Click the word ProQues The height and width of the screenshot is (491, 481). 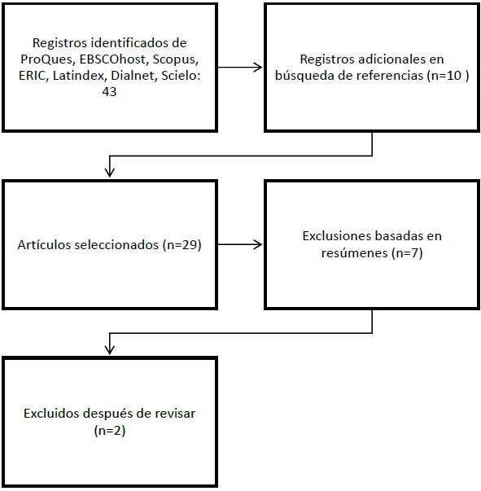click(x=47, y=59)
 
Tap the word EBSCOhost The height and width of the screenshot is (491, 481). click(x=113, y=59)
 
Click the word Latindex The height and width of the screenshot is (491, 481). click(x=79, y=76)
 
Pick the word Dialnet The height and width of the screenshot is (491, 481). click(x=133, y=76)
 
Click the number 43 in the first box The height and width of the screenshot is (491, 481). click(x=110, y=92)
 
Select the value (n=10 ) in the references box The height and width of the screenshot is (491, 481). click(x=448, y=76)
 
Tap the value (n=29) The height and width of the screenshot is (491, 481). click(x=181, y=244)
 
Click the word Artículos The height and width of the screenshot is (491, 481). click(x=44, y=244)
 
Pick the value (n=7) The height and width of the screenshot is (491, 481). click(x=407, y=252)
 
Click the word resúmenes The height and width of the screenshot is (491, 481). click(x=355, y=252)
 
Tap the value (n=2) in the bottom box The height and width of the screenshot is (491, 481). click(x=110, y=431)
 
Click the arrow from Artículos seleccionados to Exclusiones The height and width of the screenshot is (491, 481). click(x=240, y=244)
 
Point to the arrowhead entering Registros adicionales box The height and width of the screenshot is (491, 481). click(x=258, y=67)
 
